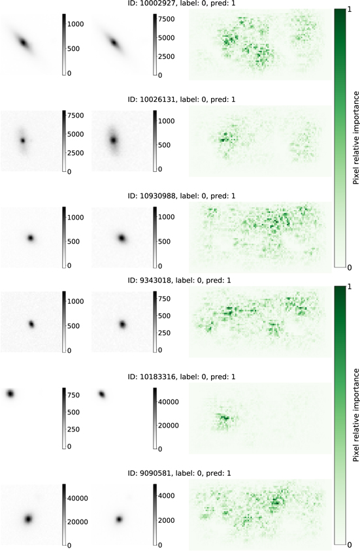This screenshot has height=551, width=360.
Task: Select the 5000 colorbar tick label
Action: coord(171,39)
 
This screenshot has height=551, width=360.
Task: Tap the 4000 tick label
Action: coord(171,496)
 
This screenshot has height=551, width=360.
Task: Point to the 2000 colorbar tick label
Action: coord(171,520)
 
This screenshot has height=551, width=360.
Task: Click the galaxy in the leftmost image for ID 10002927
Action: coord(24,43)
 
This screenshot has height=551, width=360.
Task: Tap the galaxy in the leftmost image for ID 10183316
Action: coord(10,393)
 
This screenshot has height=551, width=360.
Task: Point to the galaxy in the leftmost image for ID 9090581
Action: coord(29,519)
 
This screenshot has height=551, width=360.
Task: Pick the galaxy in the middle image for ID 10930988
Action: coord(122,238)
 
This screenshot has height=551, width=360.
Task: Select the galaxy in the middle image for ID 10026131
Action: coord(114,140)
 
